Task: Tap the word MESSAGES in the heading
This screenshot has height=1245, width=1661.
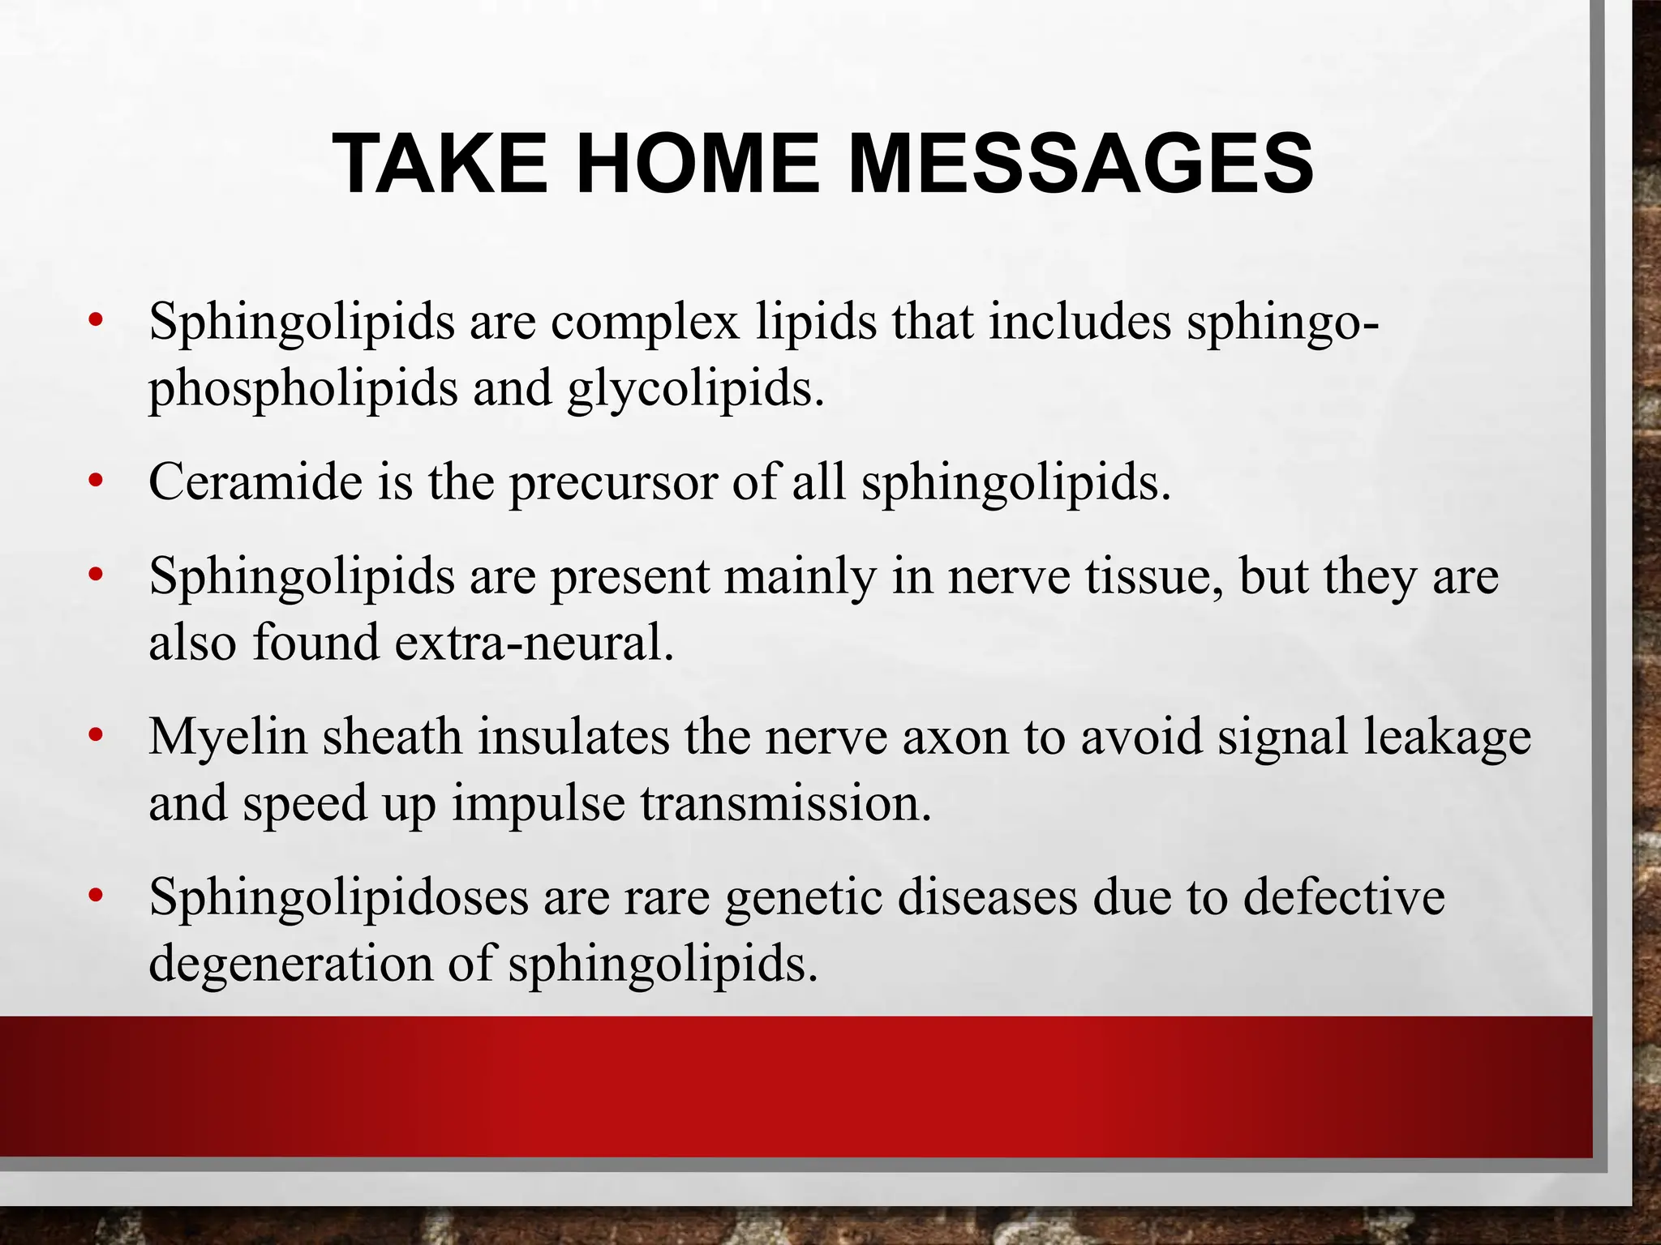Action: point(1080,165)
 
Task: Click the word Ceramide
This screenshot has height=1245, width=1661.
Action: point(254,482)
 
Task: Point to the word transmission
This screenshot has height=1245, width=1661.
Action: point(786,804)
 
